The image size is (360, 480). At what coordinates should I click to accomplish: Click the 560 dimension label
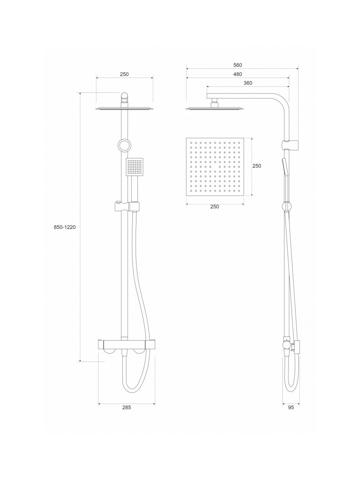238,65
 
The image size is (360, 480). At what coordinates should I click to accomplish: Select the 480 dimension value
238,74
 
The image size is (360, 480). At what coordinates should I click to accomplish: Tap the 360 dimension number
248,83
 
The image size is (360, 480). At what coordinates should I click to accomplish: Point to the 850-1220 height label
65,227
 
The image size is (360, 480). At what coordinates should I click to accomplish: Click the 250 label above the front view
124,74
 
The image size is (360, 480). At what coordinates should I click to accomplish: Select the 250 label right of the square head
257,166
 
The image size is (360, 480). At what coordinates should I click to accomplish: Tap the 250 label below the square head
215,206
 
